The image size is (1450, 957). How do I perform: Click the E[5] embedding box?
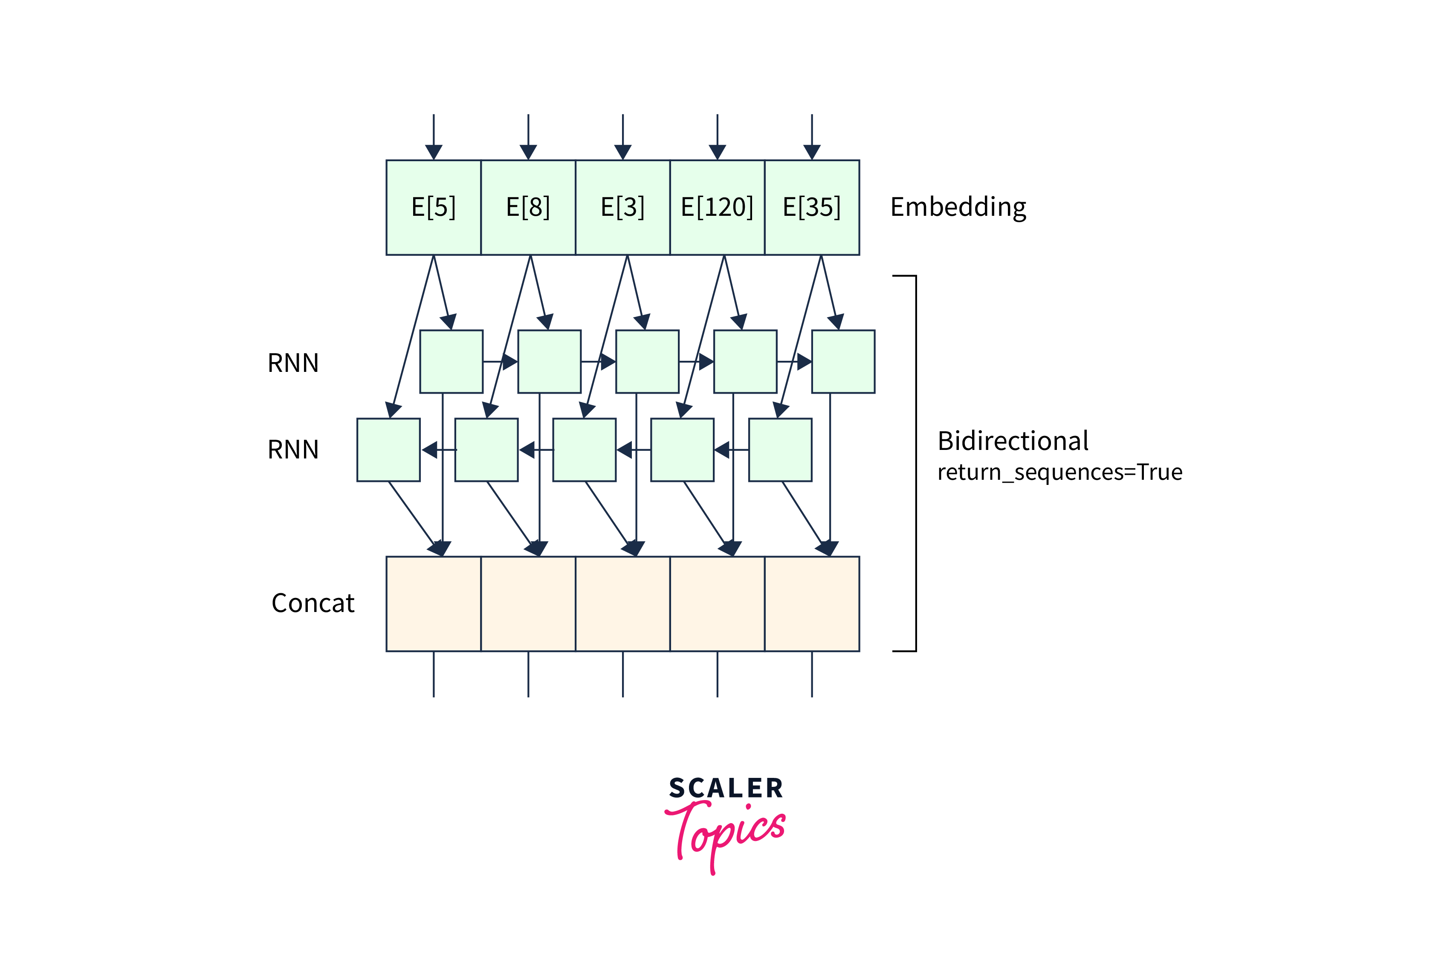click(433, 208)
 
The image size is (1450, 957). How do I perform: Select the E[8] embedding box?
click(528, 208)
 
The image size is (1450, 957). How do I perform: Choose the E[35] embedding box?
click(811, 208)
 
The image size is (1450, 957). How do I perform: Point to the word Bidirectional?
click(1013, 441)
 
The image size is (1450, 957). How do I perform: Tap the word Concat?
click(313, 603)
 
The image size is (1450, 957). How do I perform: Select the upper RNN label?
click(293, 363)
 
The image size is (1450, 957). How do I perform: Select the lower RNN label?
click(293, 450)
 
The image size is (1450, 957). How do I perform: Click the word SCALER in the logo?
click(726, 788)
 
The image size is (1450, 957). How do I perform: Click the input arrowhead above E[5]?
click(433, 152)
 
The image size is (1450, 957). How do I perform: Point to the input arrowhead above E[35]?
click(811, 152)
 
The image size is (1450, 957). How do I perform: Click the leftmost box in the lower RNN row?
click(388, 450)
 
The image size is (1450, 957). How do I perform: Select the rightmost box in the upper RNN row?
click(843, 361)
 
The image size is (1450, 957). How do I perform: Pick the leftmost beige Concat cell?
click(433, 603)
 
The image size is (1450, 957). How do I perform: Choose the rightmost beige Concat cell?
click(811, 603)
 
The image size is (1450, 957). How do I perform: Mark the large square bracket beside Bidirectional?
click(915, 464)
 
